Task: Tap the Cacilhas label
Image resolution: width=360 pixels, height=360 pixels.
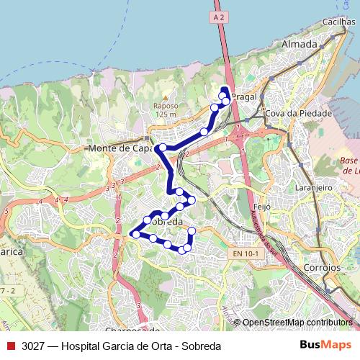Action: [339, 22]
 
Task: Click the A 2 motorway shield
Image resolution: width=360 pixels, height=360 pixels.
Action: [220, 14]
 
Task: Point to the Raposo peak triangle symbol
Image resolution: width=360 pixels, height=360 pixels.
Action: [165, 96]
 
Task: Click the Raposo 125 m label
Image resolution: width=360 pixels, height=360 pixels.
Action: [165, 109]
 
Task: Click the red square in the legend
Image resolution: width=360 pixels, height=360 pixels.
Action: [10, 346]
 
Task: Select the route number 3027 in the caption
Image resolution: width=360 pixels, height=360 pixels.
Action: [32, 346]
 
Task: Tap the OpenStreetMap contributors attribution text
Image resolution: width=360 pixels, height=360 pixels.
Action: [297, 323]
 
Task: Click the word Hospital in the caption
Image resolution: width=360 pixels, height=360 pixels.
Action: [86, 346]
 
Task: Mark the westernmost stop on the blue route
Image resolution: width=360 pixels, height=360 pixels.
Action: [135, 234]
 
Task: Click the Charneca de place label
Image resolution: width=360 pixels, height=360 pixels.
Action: [132, 330]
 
